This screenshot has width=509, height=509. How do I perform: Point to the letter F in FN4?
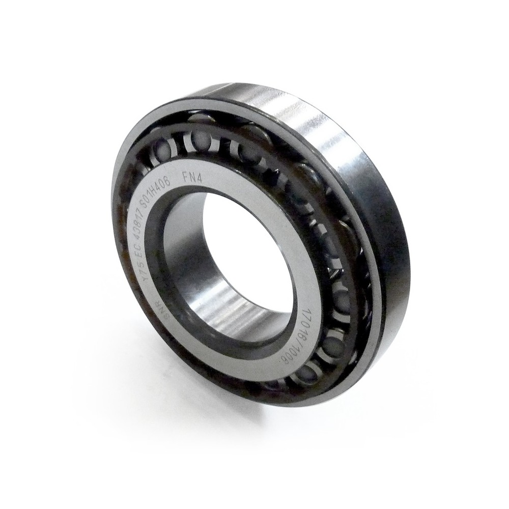click(x=186, y=179)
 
